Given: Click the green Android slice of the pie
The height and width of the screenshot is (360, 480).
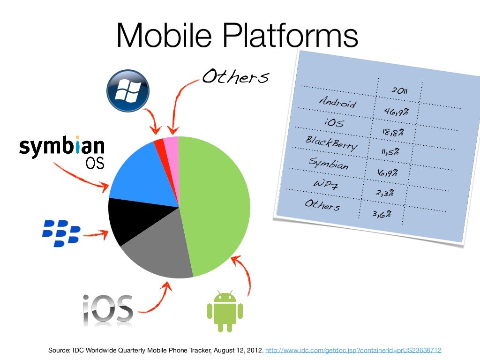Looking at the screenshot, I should [216, 206].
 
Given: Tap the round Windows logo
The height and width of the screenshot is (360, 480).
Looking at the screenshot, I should [128, 91].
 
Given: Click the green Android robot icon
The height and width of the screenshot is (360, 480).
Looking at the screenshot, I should [225, 311].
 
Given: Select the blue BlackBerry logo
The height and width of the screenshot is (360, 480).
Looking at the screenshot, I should [61, 233].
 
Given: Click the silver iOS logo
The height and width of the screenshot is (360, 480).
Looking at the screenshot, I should [108, 309].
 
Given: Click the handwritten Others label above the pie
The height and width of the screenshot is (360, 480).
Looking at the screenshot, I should [235, 76].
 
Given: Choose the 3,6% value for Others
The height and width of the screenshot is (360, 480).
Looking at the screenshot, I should [382, 214].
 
